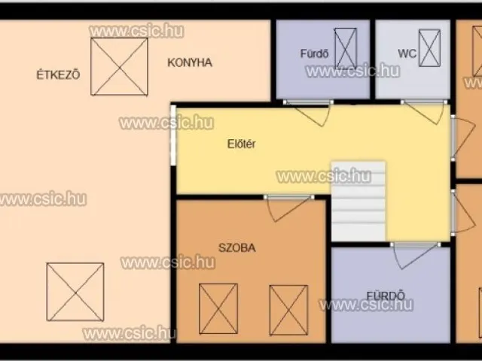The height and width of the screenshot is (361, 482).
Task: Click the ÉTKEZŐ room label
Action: coord(59,74)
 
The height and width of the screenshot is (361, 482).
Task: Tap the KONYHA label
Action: coord(190,62)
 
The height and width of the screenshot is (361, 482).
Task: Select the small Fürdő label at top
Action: coord(314,53)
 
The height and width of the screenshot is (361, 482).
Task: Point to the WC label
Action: coord(407,53)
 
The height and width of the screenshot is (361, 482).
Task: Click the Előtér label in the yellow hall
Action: coord(241,144)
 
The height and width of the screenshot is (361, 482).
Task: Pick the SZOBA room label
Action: coord(237,247)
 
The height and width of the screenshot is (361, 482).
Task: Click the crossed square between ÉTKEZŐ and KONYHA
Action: coord(119,67)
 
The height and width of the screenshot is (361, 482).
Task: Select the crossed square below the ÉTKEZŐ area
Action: coord(75,292)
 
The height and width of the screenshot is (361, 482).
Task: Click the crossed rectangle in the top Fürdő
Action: coord(346,48)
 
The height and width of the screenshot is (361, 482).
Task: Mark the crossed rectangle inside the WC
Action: coord(429,48)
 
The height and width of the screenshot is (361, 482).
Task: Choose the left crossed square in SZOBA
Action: coord(218,308)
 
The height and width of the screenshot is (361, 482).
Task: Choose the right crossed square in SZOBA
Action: coord(288,310)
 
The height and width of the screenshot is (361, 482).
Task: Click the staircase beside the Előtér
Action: coord(358,201)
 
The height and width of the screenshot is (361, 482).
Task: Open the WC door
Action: coord(425,111)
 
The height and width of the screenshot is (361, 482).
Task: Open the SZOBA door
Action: coord(288,208)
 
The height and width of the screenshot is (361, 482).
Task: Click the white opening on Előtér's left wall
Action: coord(173,135)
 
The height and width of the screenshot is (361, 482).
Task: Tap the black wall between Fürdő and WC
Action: coord(373,59)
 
